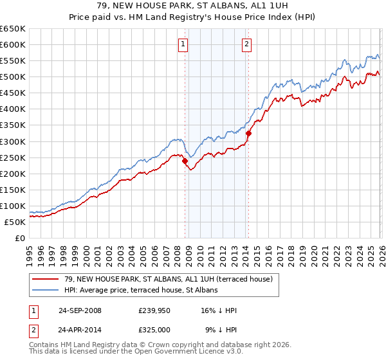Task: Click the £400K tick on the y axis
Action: [13, 109]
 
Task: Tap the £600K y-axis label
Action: [13, 44]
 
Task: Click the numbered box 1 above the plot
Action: [183, 44]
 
